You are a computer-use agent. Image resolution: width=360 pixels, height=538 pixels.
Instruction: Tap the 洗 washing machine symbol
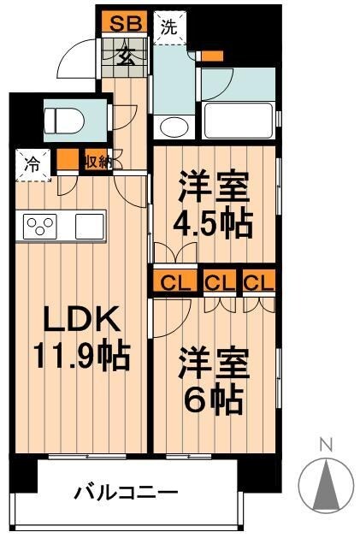[x=169, y=26]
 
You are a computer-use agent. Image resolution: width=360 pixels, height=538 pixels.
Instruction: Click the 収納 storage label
[x=96, y=160]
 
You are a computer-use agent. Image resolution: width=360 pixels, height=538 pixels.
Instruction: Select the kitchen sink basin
[x=89, y=226]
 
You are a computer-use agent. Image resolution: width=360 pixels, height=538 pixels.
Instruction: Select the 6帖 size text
[x=213, y=399]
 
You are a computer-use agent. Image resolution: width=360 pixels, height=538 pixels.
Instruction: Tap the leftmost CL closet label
[x=173, y=281]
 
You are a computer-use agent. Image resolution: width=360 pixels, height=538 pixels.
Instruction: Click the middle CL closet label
[x=219, y=281]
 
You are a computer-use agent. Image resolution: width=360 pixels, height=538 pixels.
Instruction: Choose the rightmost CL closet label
[x=258, y=281]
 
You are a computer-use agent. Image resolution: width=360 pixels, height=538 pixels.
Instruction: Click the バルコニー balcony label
[x=126, y=494]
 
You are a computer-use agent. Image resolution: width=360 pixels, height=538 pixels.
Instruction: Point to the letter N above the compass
[x=325, y=443]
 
